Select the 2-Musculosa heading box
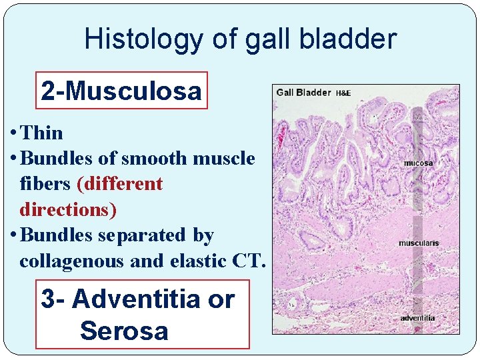click(x=121, y=91)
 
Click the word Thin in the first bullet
click(x=42, y=133)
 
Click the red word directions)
click(x=68, y=209)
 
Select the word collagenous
click(x=73, y=261)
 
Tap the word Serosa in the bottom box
click(x=124, y=331)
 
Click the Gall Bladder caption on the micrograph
click(x=303, y=92)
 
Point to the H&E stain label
click(x=343, y=93)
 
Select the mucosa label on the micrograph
click(x=419, y=163)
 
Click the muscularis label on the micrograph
click(x=419, y=243)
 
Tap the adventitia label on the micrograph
click(x=417, y=318)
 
